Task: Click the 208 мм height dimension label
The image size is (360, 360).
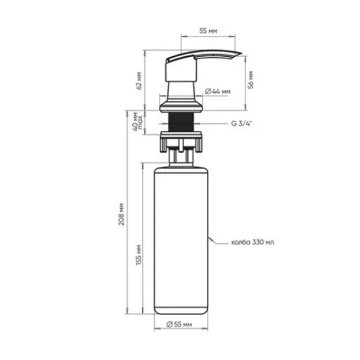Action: (x=121, y=214)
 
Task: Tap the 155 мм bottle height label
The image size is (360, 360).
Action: (x=139, y=255)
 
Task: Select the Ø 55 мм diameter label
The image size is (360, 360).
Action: (x=179, y=324)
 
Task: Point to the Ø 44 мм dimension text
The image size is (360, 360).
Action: (x=218, y=91)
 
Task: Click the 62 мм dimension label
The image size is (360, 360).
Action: (x=139, y=80)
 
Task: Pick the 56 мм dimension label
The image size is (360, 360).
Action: (x=251, y=79)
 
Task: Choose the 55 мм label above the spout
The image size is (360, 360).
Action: (x=208, y=31)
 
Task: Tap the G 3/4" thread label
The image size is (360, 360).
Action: (x=241, y=123)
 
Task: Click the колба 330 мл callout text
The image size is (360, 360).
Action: (x=252, y=242)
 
